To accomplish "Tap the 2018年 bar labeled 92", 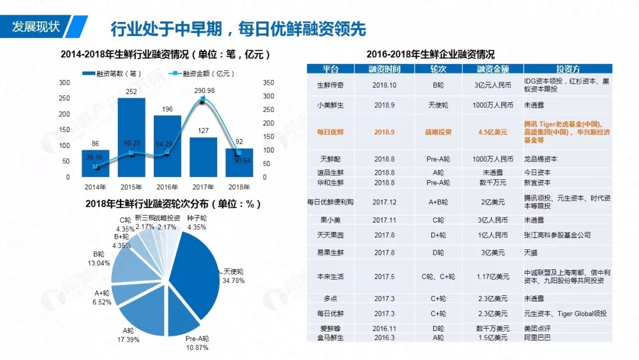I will pos(239,163).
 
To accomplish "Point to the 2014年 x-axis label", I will pos(95,188).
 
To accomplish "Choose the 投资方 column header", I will pos(568,69).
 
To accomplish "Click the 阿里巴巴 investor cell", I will pos(539,338).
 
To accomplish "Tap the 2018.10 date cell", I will pos(384,85).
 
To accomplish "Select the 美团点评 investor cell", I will pos(539,328).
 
